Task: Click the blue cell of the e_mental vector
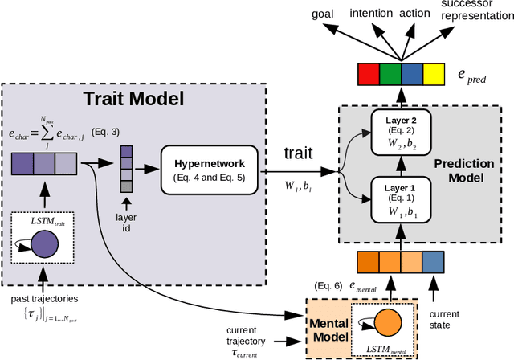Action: pos(432,262)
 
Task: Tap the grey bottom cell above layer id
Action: pos(127,186)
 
